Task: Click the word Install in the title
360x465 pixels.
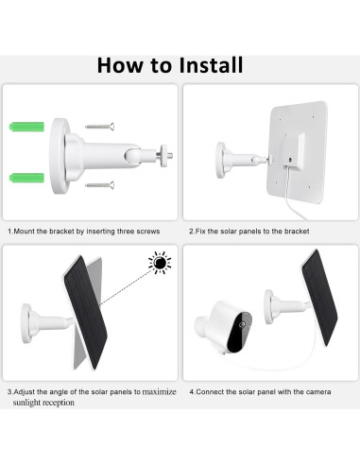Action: pyautogui.click(x=211, y=65)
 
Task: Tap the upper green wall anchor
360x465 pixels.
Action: pyautogui.click(x=26, y=127)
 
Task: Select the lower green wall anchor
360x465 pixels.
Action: pyautogui.click(x=26, y=178)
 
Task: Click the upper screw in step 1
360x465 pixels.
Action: pyautogui.click(x=99, y=127)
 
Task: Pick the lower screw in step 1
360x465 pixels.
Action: pyautogui.click(x=99, y=185)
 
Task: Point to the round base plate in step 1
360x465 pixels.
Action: pyautogui.click(x=59, y=156)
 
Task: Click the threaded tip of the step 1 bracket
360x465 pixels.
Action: pyautogui.click(x=170, y=155)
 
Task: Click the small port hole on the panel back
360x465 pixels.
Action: pyautogui.click(x=289, y=160)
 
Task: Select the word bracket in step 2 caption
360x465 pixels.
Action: pyautogui.click(x=297, y=232)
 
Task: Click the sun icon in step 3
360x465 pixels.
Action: pyautogui.click(x=160, y=263)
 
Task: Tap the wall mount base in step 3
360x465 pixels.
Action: pyautogui.click(x=26, y=323)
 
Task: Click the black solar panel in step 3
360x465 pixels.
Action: pyautogui.click(x=85, y=312)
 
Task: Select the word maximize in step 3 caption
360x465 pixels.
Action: pyautogui.click(x=159, y=391)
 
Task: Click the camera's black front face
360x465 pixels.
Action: pyautogui.click(x=239, y=332)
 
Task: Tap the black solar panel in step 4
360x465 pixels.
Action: pyautogui.click(x=319, y=298)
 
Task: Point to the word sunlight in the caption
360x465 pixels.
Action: pyautogui.click(x=26, y=403)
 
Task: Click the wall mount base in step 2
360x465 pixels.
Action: pyautogui.click(x=221, y=160)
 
